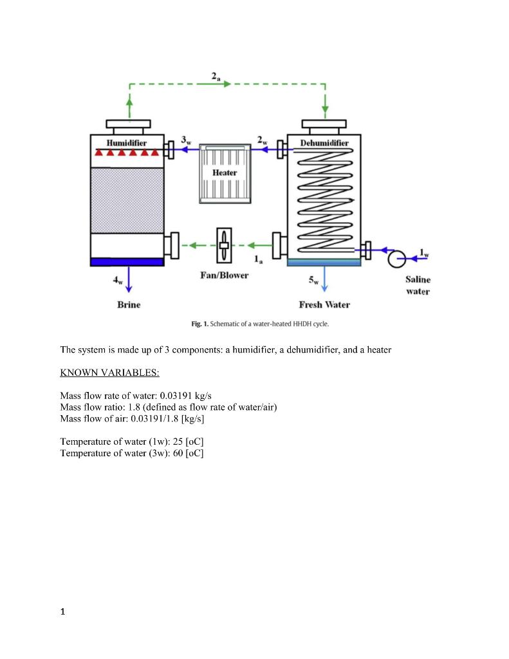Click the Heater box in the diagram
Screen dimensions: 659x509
click(x=225, y=173)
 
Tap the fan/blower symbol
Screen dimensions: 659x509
click(x=224, y=245)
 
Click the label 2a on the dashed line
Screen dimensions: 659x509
click(x=216, y=77)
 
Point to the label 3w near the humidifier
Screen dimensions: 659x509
click(x=186, y=140)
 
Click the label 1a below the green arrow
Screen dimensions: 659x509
click(x=258, y=260)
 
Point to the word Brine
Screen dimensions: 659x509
click(x=129, y=304)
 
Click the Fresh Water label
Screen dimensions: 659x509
click(x=324, y=304)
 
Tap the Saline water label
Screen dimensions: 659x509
click(x=418, y=285)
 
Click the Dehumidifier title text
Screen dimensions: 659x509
click(x=324, y=142)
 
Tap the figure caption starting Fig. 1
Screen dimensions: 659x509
click(x=260, y=324)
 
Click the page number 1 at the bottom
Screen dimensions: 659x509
click(x=62, y=612)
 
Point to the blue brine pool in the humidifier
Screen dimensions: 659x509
click(x=127, y=261)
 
